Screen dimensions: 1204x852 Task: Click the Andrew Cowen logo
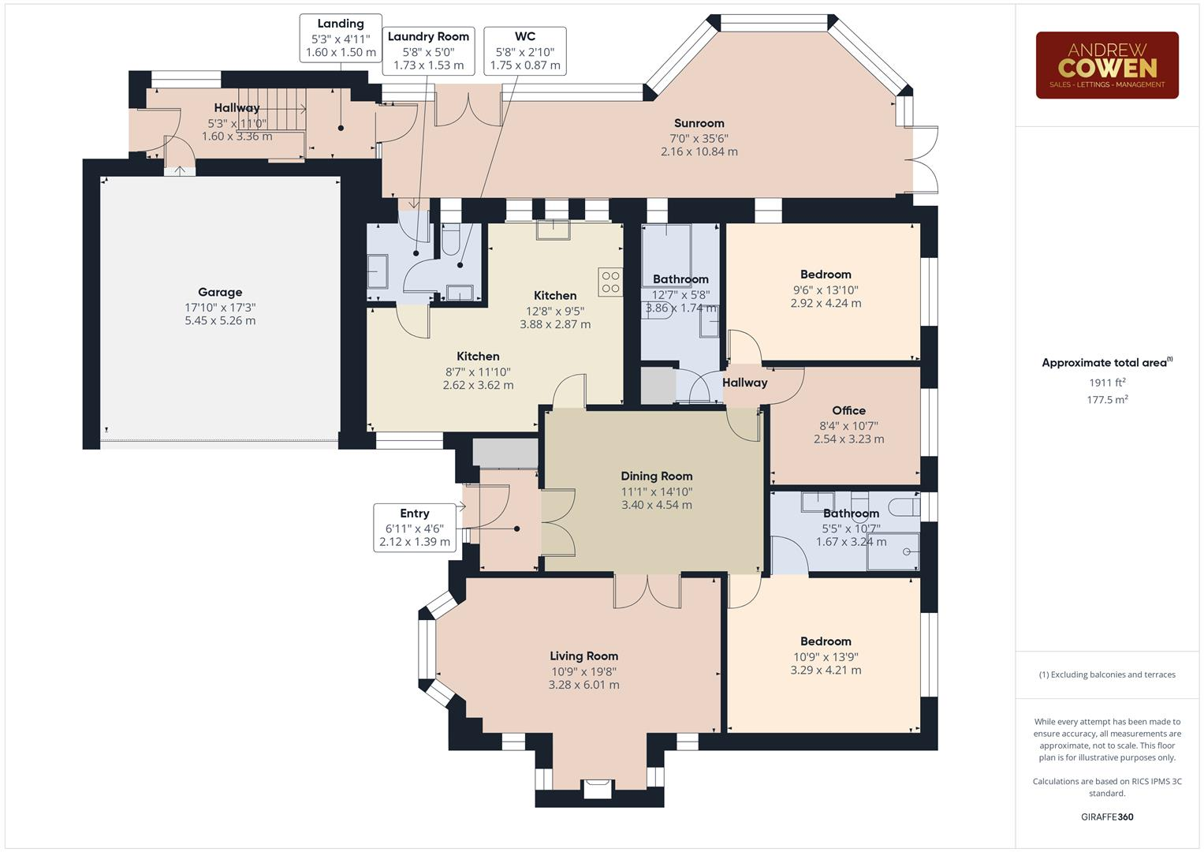(x=1107, y=65)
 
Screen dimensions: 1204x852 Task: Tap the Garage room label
(x=220, y=292)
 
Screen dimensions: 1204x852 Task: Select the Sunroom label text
(x=699, y=123)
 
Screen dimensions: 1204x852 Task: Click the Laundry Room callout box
(x=428, y=51)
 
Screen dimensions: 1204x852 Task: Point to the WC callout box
(x=525, y=51)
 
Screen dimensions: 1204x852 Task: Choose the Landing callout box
(x=341, y=38)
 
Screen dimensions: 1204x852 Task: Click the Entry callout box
(x=415, y=528)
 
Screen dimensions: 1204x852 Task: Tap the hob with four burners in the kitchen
(x=610, y=282)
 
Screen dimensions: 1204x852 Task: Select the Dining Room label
(x=656, y=476)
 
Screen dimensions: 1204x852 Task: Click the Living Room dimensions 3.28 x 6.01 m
(x=583, y=685)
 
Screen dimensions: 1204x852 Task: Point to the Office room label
(x=848, y=410)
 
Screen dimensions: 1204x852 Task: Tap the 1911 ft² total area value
(x=1107, y=383)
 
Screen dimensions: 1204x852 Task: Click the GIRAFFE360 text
(x=1107, y=816)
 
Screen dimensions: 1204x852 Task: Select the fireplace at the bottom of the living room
(x=598, y=789)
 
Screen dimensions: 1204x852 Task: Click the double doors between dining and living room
(x=647, y=591)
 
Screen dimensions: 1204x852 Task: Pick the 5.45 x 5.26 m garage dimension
(x=220, y=320)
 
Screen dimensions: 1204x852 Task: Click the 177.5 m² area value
(x=1107, y=399)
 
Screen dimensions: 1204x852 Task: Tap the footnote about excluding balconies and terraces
(x=1107, y=674)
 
